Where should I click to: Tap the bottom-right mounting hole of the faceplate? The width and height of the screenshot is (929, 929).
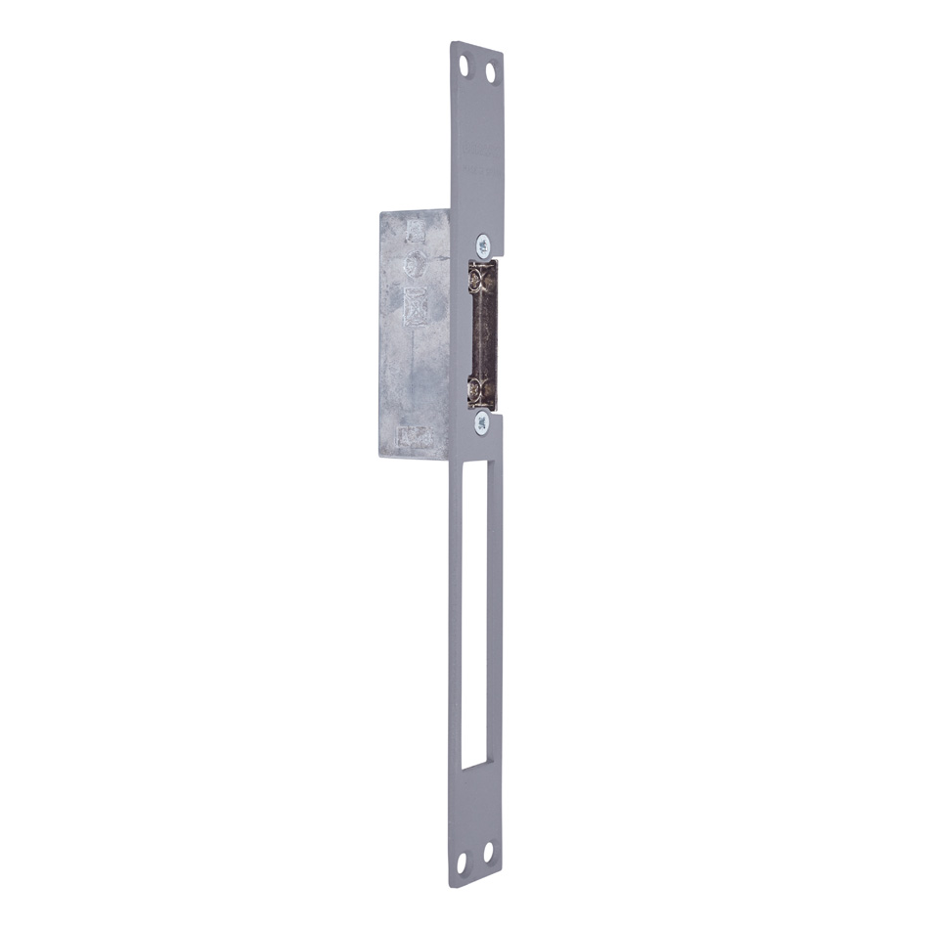point(488,858)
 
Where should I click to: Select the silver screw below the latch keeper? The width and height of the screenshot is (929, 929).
point(481,423)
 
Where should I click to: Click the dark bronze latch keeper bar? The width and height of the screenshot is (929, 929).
point(486,332)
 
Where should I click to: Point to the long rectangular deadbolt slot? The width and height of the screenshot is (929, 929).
point(474,616)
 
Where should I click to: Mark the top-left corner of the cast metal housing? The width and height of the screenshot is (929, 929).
point(379,212)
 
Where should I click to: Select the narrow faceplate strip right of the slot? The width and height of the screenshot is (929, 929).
point(496,616)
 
